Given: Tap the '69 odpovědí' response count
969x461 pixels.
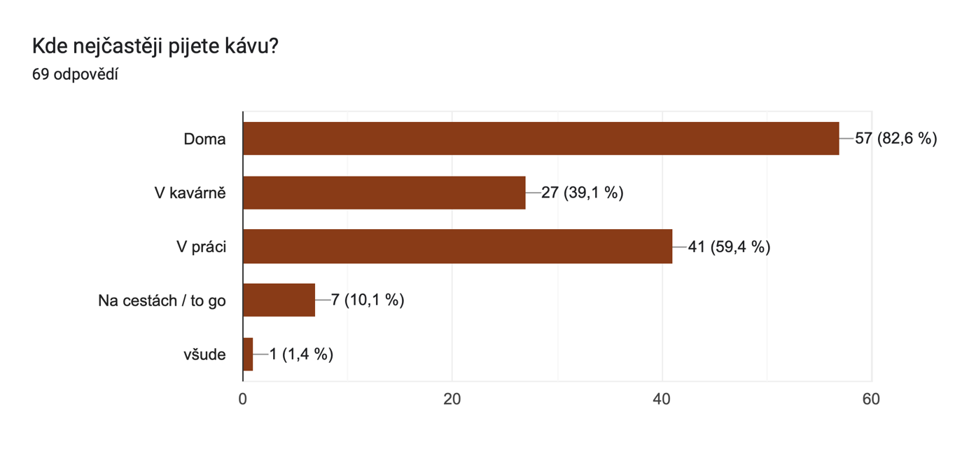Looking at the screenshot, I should click(75, 74).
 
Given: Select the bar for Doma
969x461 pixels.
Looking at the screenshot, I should click(541, 139).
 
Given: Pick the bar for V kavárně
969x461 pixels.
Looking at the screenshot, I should click(384, 193).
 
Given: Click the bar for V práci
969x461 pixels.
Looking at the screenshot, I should click(457, 247).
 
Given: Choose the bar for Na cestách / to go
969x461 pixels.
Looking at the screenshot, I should click(279, 301).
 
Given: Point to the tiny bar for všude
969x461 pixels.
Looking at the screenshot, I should click(248, 355).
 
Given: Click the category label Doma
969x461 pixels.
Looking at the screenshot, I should click(204, 139).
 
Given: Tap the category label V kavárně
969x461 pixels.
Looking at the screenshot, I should click(190, 193).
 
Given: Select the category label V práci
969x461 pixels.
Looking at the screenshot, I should click(201, 247).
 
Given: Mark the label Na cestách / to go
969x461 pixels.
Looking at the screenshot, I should click(162, 301).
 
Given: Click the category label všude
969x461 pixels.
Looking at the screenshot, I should click(204, 355).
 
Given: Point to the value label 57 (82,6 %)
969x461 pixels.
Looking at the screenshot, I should click(895, 139).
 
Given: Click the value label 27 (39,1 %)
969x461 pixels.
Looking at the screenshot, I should click(582, 193).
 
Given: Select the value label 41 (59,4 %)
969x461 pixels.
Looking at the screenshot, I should click(729, 247).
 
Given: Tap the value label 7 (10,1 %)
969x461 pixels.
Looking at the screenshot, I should click(368, 301).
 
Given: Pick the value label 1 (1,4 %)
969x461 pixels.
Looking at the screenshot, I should click(301, 355).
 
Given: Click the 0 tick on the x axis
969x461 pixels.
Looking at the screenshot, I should click(243, 399).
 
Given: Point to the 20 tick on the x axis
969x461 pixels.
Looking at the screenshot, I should click(452, 399).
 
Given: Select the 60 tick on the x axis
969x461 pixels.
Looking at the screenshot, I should click(871, 399).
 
